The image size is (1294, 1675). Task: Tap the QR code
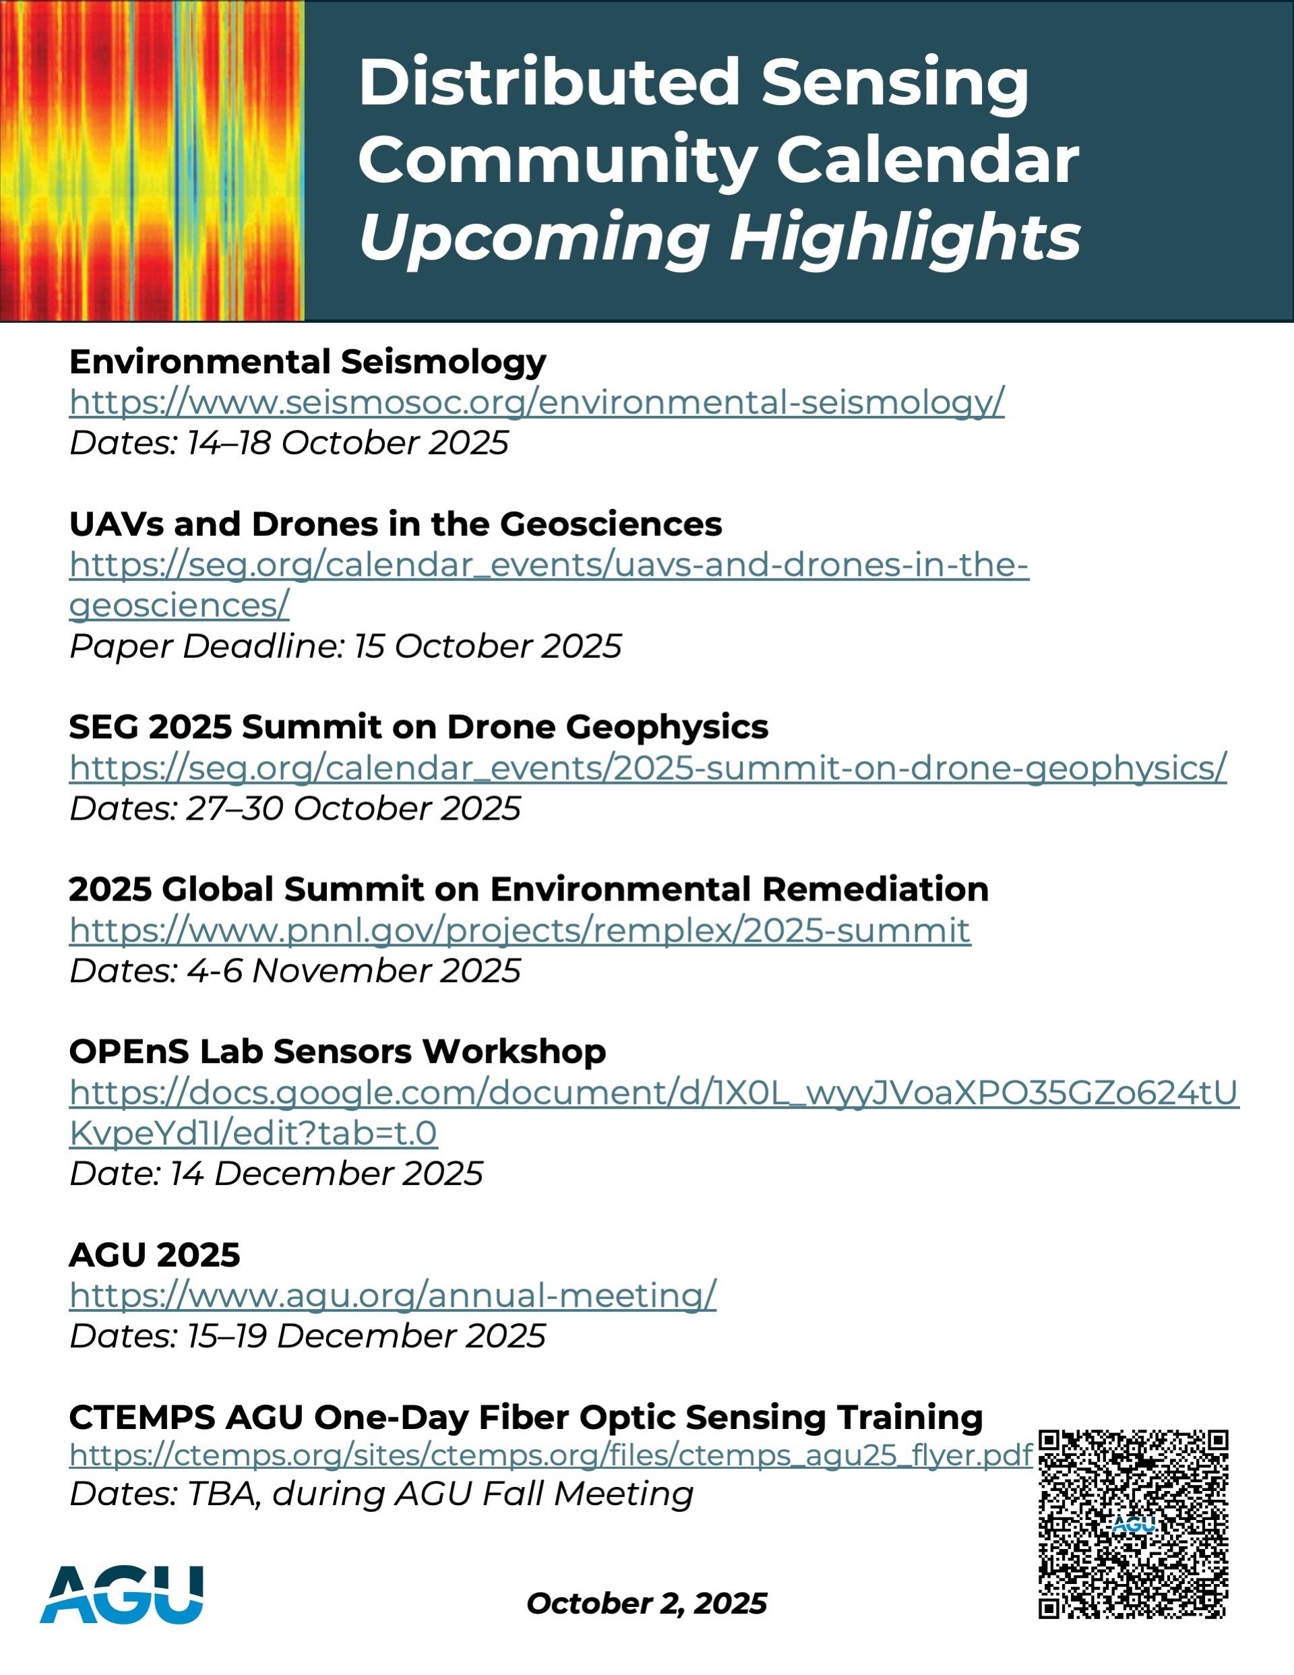[x=1133, y=1524]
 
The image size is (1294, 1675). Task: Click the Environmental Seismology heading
[x=307, y=362]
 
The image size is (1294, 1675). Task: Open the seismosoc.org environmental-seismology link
[x=536, y=402]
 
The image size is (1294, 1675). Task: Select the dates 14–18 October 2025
[x=289, y=443]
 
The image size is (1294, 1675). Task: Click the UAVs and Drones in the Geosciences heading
[x=395, y=524]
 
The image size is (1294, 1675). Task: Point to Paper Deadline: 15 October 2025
[x=345, y=646]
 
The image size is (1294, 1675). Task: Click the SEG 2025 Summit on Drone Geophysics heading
[x=418, y=727]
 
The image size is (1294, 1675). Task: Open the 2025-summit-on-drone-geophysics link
[x=648, y=768]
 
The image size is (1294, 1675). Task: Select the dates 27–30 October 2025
[x=295, y=808]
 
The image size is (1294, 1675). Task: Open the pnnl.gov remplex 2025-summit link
[x=520, y=930]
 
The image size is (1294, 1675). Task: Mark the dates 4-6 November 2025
[x=295, y=971]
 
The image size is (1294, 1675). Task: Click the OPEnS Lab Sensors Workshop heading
[x=338, y=1052]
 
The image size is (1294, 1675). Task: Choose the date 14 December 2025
[x=276, y=1174]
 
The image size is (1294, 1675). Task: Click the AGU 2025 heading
[x=154, y=1254]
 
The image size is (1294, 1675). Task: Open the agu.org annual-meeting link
[x=393, y=1296]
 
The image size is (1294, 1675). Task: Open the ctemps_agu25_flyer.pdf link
[x=551, y=1455]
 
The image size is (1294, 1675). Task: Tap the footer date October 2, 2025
[x=646, y=1604]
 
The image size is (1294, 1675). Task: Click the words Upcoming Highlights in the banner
[x=720, y=237]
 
